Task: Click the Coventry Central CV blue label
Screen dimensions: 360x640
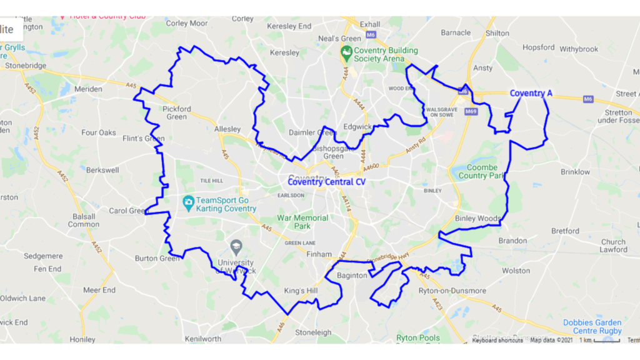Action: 326,182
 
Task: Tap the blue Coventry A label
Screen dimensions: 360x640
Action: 531,94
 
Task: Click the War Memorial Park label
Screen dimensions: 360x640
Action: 303,222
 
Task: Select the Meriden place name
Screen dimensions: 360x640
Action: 88,89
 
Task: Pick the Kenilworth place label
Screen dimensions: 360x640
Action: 202,339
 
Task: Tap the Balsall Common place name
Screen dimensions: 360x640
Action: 83,219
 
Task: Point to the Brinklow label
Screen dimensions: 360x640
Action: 575,172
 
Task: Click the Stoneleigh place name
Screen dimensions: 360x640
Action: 313,332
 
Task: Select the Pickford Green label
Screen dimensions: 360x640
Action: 177,112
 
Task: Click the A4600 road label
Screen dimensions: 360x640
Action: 371,167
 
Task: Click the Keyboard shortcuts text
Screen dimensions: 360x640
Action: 497,340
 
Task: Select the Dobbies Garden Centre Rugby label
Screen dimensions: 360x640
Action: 592,327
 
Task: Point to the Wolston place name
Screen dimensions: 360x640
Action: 516,271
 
